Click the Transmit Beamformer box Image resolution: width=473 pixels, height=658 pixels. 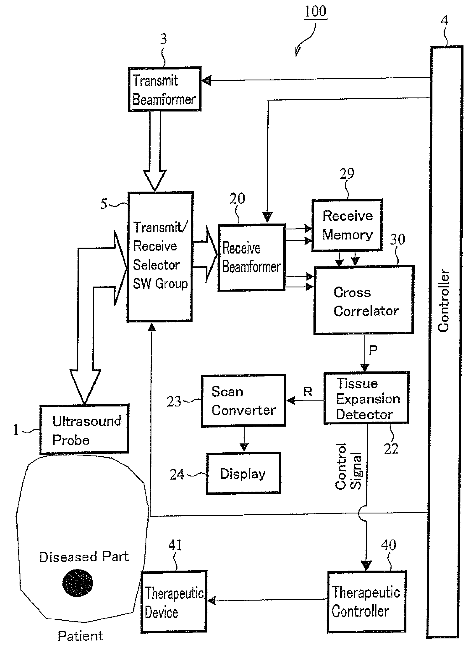click(x=165, y=89)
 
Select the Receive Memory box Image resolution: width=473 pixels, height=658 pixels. click(x=347, y=225)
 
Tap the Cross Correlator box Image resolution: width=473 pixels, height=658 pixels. click(x=364, y=300)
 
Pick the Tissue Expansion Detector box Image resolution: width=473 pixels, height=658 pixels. click(x=366, y=398)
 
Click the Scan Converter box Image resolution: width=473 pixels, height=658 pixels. click(x=243, y=401)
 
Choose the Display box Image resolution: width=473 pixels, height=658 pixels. click(x=243, y=473)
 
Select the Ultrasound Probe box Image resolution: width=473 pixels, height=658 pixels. click(x=84, y=429)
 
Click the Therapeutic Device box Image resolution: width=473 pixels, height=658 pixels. click(x=174, y=601)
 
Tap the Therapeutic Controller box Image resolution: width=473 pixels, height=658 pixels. click(x=367, y=601)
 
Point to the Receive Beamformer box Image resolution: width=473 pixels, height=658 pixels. click(x=252, y=258)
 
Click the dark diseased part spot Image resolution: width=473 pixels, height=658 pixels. click(x=78, y=583)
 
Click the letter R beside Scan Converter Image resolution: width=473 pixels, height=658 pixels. click(x=308, y=392)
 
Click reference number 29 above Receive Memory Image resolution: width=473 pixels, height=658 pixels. click(x=347, y=174)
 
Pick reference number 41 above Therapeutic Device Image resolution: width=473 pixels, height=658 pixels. click(x=175, y=545)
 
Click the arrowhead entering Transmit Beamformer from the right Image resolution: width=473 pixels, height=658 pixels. click(x=206, y=80)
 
